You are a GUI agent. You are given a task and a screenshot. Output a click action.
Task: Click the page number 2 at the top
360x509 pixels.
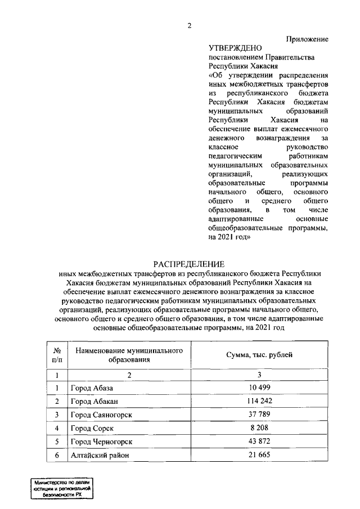190,25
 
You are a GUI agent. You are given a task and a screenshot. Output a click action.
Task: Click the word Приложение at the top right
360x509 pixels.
307,39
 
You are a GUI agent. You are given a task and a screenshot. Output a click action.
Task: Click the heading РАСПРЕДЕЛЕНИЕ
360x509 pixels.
189,264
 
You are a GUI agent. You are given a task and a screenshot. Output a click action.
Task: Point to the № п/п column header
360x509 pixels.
56,355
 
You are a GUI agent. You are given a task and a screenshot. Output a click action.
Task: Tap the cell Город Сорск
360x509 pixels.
92,429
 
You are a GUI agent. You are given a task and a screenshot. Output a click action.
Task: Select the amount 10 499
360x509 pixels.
259,388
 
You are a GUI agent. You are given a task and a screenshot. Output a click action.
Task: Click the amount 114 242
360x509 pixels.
259,401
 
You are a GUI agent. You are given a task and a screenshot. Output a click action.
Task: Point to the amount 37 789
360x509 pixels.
259,415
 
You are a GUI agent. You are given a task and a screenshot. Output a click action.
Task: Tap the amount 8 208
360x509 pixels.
259,429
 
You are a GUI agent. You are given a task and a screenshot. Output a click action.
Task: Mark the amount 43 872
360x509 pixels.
259,442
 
